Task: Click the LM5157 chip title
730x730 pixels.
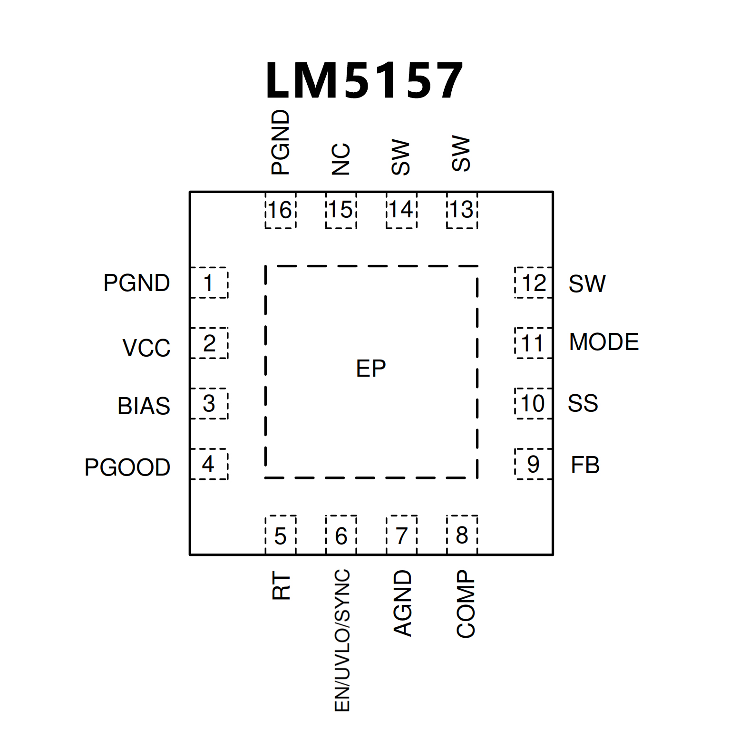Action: click(x=364, y=81)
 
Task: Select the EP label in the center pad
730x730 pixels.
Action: click(x=371, y=369)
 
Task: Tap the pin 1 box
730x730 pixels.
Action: click(x=209, y=283)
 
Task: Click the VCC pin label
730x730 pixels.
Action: click(x=146, y=348)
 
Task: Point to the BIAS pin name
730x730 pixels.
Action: click(x=144, y=406)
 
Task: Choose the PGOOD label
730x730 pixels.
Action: click(x=127, y=467)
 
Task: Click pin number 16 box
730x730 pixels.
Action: click(x=280, y=210)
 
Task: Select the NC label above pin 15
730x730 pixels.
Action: click(x=341, y=159)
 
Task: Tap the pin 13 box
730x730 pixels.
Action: click(x=462, y=210)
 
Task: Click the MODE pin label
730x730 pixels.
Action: click(x=604, y=342)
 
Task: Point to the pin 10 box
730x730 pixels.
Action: click(x=533, y=404)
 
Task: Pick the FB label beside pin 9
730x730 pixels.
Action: click(x=585, y=465)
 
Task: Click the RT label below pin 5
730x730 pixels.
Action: click(x=281, y=586)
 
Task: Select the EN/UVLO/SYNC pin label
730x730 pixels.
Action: click(x=342, y=640)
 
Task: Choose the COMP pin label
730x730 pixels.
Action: click(x=466, y=604)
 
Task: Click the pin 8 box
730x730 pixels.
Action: click(x=462, y=535)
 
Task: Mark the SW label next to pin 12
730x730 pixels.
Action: click(x=587, y=284)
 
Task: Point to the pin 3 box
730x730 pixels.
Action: click(x=209, y=404)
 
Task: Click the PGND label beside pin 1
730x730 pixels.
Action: click(x=136, y=283)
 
